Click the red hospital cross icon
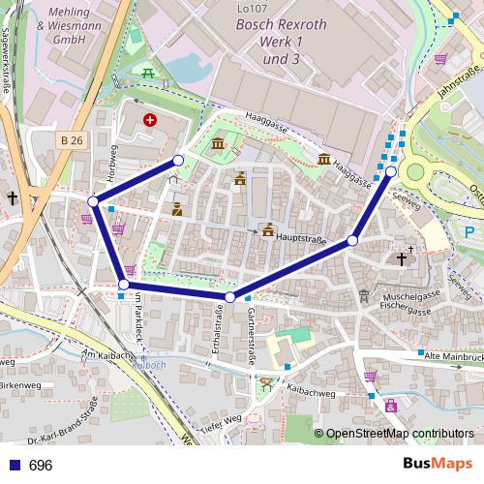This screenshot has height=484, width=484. point(149,120)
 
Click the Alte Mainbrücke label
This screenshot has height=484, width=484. point(454,359)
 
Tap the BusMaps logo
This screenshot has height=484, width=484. point(437,464)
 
